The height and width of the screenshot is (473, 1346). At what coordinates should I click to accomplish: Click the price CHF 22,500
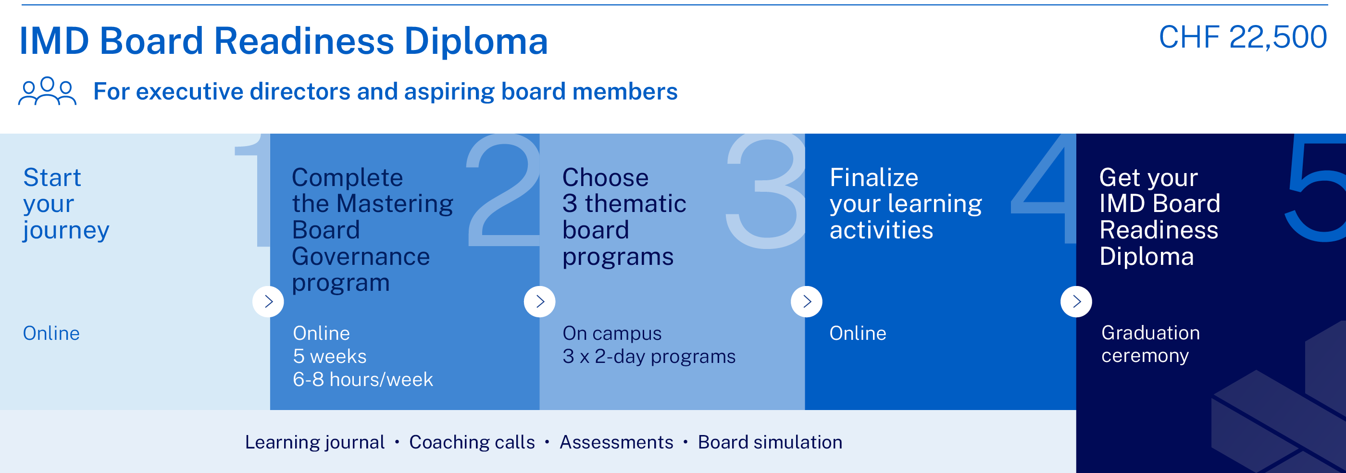coord(1242,37)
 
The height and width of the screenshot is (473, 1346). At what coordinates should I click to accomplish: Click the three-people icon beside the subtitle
coord(47,91)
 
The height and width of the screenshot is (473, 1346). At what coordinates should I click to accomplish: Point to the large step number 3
coord(766,191)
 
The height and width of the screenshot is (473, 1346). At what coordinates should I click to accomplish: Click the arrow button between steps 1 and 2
coord(268,301)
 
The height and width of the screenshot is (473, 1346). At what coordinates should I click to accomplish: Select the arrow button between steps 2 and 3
coord(540,301)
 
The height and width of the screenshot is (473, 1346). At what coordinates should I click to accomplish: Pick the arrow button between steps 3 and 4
coord(807,301)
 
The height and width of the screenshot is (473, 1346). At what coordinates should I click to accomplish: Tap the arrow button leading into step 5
coord(1076,301)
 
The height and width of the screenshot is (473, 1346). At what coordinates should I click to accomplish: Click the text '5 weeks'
coord(330,357)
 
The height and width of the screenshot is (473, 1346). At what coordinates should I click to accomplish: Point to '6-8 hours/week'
coord(362,379)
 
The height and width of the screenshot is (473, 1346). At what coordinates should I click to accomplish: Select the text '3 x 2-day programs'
coord(648,357)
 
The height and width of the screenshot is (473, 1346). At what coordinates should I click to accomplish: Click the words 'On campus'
coord(612,334)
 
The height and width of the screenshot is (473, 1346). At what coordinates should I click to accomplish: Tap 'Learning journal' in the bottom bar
coord(314,442)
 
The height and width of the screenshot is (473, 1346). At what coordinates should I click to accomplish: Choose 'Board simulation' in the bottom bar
coord(770,442)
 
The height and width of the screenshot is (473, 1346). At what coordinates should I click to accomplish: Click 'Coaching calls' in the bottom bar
coord(472,442)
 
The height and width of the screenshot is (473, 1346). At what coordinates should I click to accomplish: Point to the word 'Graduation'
coord(1150,333)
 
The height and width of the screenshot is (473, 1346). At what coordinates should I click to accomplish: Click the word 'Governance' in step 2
coord(361,257)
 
